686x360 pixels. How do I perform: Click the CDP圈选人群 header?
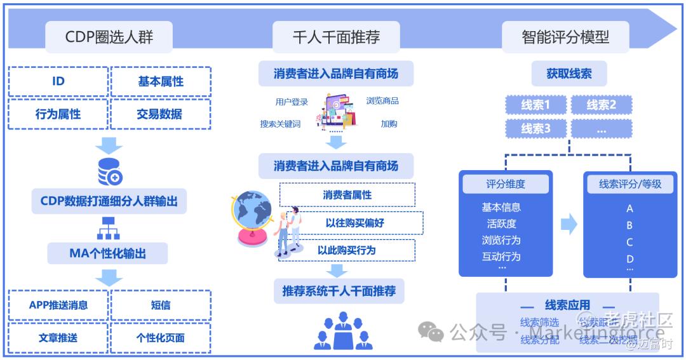click(109, 37)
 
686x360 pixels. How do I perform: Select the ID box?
click(58, 81)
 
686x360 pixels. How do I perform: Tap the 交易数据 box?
click(159, 114)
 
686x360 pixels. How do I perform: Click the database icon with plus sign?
click(109, 171)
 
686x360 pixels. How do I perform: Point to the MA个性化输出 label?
click(107, 254)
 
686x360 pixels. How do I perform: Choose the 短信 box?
click(160, 305)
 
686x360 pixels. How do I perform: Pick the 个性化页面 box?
click(160, 338)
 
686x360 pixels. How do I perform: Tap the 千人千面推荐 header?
click(336, 37)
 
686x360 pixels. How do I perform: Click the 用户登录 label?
click(292, 102)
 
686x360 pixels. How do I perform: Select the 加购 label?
click(389, 124)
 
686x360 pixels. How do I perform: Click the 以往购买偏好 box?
click(354, 223)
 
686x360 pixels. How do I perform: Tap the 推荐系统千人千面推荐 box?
click(339, 291)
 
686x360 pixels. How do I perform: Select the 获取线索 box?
click(568, 74)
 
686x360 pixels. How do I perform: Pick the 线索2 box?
click(601, 105)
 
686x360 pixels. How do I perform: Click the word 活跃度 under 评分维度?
click(501, 223)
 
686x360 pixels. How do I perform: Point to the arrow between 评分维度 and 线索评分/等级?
click(568, 223)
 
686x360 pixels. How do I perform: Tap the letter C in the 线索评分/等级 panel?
click(629, 242)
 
